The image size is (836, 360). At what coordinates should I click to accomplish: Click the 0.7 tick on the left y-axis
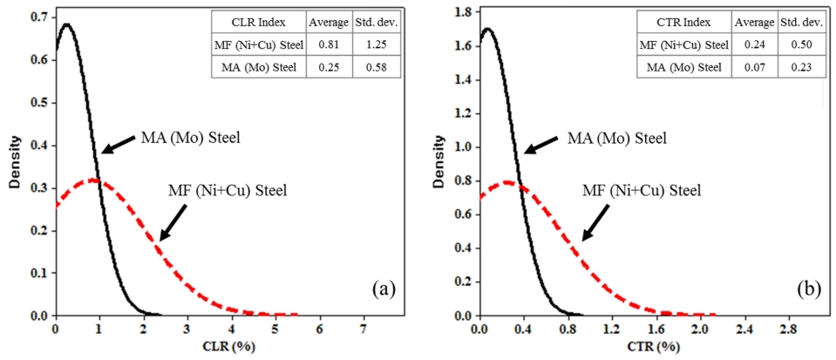(x=39, y=16)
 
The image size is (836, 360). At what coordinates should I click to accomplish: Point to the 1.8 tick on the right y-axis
(x=461, y=14)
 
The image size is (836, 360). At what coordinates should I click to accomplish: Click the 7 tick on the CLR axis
(x=364, y=329)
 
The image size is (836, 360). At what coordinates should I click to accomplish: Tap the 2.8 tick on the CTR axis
(x=787, y=329)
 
